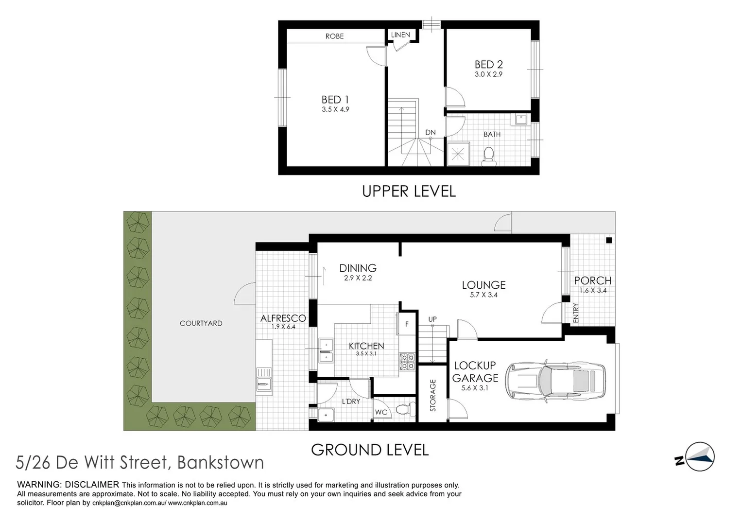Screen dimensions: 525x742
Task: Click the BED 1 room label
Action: pyautogui.click(x=335, y=100)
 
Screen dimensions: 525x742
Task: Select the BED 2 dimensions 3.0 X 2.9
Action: pyautogui.click(x=488, y=74)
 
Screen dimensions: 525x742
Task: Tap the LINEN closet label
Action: pyautogui.click(x=400, y=35)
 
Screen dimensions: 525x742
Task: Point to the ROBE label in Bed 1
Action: pyautogui.click(x=334, y=36)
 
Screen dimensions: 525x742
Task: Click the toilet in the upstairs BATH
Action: pyautogui.click(x=488, y=156)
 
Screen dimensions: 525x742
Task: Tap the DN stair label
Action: pyautogui.click(x=431, y=132)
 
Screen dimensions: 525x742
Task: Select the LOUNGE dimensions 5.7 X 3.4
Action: pyautogui.click(x=483, y=295)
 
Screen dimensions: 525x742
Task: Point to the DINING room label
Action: pyautogui.click(x=358, y=268)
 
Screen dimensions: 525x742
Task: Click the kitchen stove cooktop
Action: pyautogui.click(x=407, y=362)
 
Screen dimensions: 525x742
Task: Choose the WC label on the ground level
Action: pyautogui.click(x=381, y=412)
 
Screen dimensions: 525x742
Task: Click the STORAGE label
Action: pyautogui.click(x=433, y=395)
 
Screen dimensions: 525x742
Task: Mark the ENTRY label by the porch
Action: pyautogui.click(x=576, y=313)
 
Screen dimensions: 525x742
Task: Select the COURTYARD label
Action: pyautogui.click(x=201, y=323)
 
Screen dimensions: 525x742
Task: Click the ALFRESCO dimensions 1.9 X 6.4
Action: pyautogui.click(x=283, y=327)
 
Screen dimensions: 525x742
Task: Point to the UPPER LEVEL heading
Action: pyautogui.click(x=409, y=192)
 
